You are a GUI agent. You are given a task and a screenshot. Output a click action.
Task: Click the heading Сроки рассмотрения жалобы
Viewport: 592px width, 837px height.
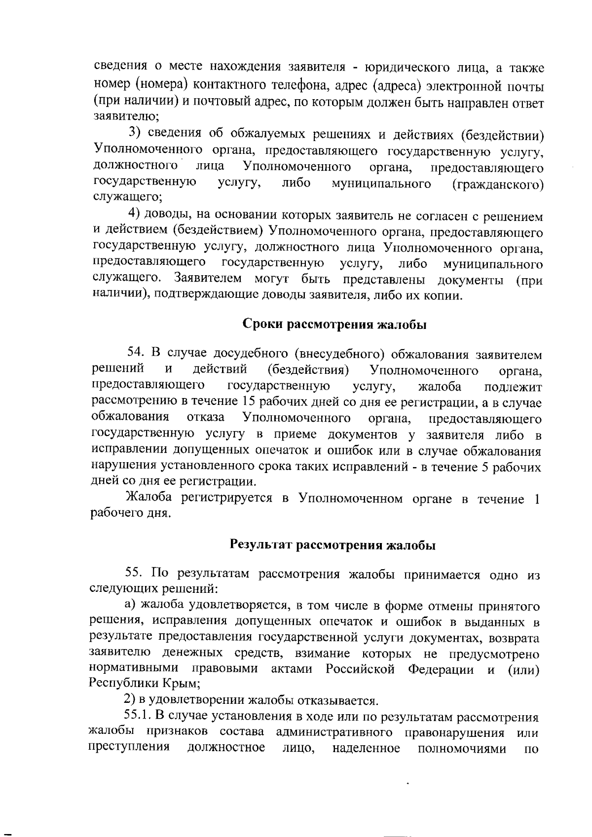(334, 325)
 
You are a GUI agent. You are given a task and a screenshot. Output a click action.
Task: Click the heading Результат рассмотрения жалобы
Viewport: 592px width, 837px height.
(333, 545)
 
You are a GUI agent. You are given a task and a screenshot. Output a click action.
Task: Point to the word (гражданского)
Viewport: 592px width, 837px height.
(498, 184)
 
